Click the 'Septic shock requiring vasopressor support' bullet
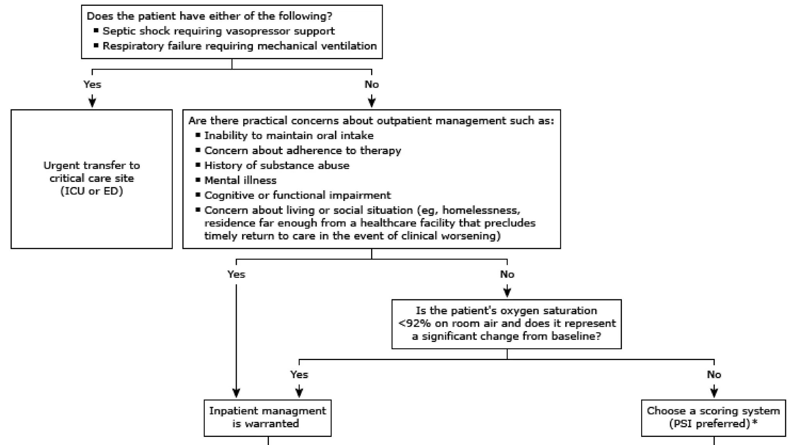pyautogui.click(x=219, y=31)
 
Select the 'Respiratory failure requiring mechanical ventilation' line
pyautogui.click(x=239, y=46)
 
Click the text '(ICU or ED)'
pyautogui.click(x=92, y=191)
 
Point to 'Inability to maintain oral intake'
pyautogui.click(x=289, y=136)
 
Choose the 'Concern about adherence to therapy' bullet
pyautogui.click(x=302, y=151)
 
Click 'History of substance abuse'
pyautogui.click(x=277, y=165)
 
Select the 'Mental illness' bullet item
pyautogui.click(x=240, y=180)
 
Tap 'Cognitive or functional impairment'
pyautogui.click(x=297, y=195)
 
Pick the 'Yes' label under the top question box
pyautogui.click(x=92, y=85)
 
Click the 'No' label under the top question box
pyautogui.click(x=372, y=85)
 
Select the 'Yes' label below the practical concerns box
pyautogui.click(x=236, y=274)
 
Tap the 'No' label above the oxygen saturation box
pyautogui.click(x=507, y=274)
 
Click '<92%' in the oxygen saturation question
pyautogui.click(x=414, y=323)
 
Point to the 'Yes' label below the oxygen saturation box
pyautogui.click(x=299, y=375)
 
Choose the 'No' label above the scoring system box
pyautogui.click(x=714, y=375)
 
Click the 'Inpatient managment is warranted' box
pyautogui.click(x=267, y=418)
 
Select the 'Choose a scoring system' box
pyautogui.click(x=713, y=418)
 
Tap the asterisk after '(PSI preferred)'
pyautogui.click(x=755, y=423)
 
